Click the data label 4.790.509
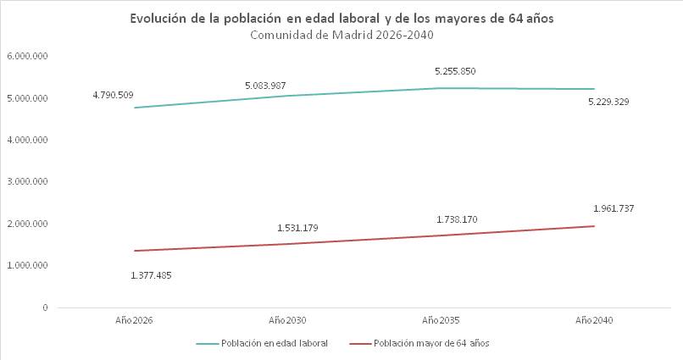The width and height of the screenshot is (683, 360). pos(113,95)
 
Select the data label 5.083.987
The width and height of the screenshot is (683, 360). pos(265,86)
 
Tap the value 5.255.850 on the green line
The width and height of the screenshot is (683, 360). pos(455,71)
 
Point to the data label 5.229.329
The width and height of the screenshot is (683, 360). pos(608,102)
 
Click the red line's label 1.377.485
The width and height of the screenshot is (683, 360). pos(151,275)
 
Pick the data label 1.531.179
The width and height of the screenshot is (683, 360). pos(297,228)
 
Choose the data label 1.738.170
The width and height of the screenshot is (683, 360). pos(457,219)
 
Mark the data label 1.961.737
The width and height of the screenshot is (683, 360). pos(614,208)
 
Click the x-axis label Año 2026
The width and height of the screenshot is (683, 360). pos(134,320)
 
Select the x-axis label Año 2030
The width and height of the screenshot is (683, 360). pos(287,320)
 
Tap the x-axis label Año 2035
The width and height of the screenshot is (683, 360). pos(441,320)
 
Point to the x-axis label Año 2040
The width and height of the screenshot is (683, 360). pos(594,320)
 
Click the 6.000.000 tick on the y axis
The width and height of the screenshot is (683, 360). pos(27,56)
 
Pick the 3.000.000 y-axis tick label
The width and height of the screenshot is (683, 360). pos(27,181)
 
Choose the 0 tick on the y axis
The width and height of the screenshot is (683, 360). pos(45,307)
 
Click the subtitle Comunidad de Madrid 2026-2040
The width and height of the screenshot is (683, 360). pos(342,35)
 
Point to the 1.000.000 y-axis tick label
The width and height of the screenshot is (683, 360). pos(27,265)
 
